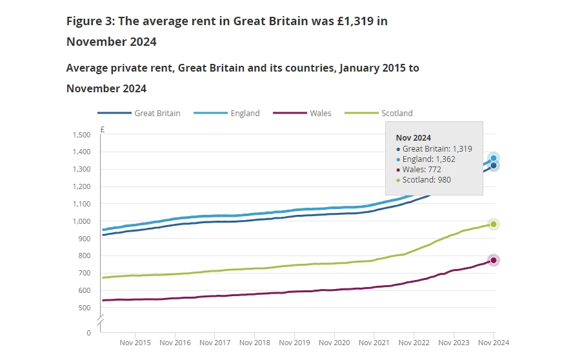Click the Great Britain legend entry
point(139,113)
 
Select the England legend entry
point(226,113)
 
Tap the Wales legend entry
point(302,113)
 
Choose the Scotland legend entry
point(379,113)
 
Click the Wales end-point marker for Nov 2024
point(494,261)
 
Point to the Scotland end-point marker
point(494,225)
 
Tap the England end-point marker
point(494,158)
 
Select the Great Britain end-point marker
point(494,166)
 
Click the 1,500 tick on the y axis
point(82,135)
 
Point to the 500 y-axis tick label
point(85,308)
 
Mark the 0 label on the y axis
point(88,333)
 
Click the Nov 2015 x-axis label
point(135,343)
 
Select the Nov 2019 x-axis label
point(294,343)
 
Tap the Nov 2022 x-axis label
point(414,343)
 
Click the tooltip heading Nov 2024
point(413,138)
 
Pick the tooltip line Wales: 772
point(419,170)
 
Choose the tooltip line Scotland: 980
point(423,180)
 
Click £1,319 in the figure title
point(355,21)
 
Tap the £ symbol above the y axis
point(103,129)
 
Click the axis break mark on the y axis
point(101,321)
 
